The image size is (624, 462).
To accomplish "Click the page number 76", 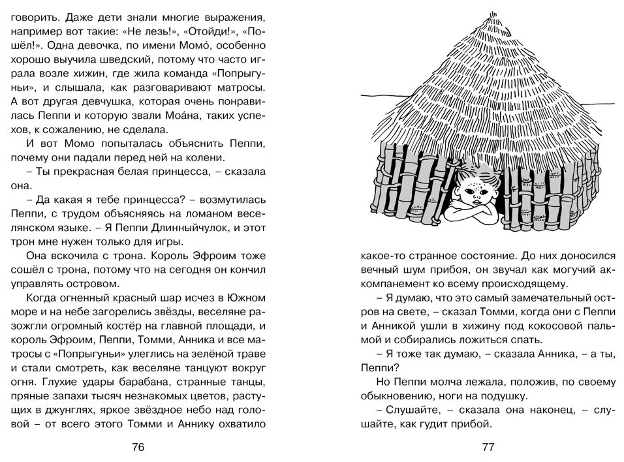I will click(x=138, y=447).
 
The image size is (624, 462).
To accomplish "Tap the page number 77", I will click(x=489, y=447).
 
